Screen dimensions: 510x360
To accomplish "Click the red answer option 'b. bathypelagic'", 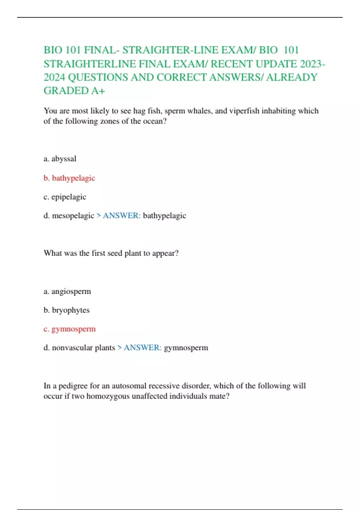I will tap(69, 178).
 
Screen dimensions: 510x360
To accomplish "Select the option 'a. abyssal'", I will tap(60, 159).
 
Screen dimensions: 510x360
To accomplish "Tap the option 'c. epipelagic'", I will tap(65, 197).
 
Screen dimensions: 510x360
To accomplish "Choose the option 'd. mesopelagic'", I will tap(69, 216).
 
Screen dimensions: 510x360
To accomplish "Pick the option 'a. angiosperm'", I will tap(67, 292).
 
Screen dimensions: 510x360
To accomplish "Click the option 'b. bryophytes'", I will tap(67, 310).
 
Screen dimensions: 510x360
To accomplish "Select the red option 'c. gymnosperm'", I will tap(70, 329).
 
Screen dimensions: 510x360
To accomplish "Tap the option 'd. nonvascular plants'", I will tap(79, 348).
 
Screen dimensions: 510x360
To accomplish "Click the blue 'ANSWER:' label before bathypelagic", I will tap(121, 216).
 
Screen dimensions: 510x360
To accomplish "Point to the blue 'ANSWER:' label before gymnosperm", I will tap(142, 348).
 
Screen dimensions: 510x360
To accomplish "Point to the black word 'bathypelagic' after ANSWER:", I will tap(164, 216).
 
